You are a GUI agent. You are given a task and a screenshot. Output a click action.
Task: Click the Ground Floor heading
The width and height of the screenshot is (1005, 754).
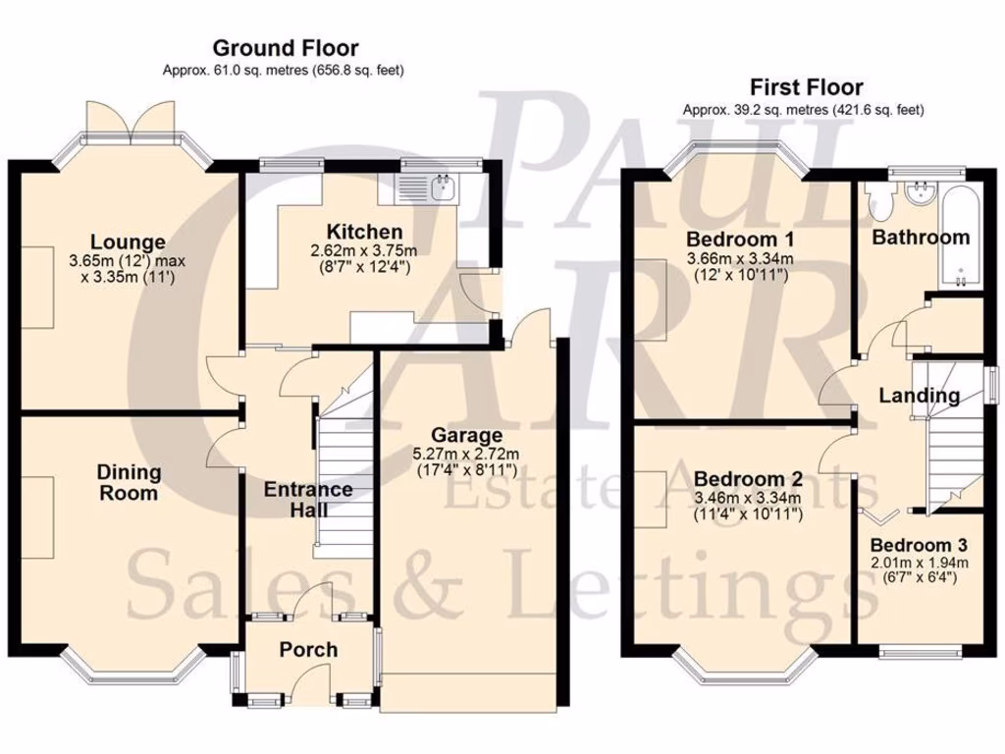point(285,47)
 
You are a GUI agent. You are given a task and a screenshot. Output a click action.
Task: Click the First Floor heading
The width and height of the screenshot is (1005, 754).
point(806,87)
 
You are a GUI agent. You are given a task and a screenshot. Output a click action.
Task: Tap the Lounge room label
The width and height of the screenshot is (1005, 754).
point(128,242)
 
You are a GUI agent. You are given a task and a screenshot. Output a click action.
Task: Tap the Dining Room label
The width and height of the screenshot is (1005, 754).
point(129,483)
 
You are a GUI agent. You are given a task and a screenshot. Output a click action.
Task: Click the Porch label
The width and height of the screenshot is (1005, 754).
point(308,649)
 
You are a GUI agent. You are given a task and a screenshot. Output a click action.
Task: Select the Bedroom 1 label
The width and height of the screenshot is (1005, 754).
point(740,240)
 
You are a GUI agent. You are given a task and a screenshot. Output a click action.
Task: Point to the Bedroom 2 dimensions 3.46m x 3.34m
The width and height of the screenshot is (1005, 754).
point(748,498)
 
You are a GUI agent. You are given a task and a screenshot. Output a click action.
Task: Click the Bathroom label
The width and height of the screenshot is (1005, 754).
point(921,237)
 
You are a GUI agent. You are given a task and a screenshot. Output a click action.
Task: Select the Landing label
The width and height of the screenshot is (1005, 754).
point(919,396)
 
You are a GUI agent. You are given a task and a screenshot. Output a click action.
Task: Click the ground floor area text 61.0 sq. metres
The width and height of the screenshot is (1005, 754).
point(284,71)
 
